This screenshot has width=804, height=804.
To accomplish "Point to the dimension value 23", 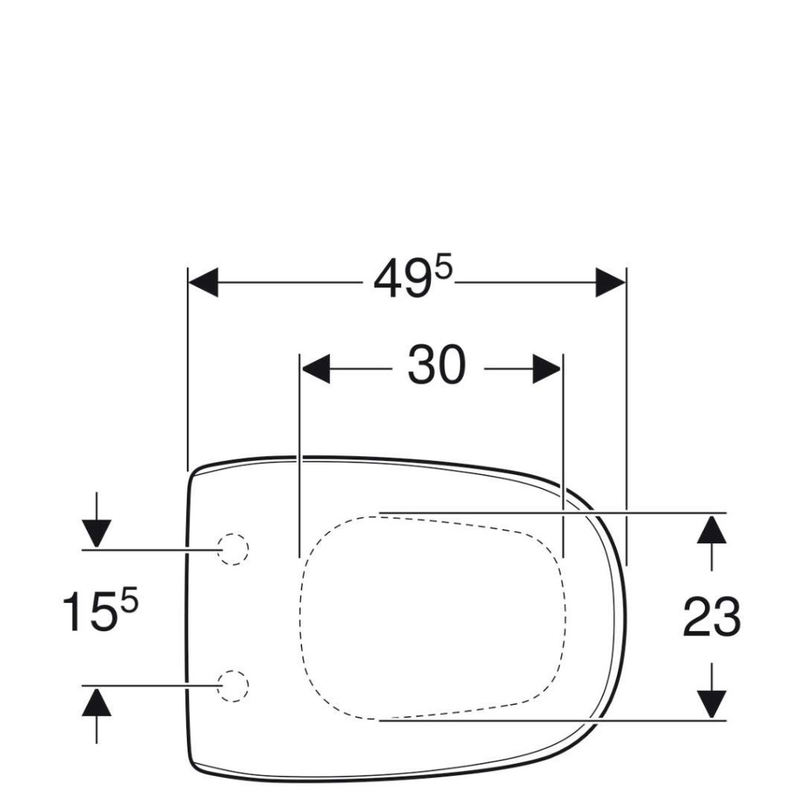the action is coord(711,617).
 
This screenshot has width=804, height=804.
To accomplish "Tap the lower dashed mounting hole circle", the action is coord(232,685).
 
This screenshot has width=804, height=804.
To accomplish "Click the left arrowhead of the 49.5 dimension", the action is coord(203,282).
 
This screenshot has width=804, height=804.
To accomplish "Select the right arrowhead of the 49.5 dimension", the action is coord(610,282).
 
